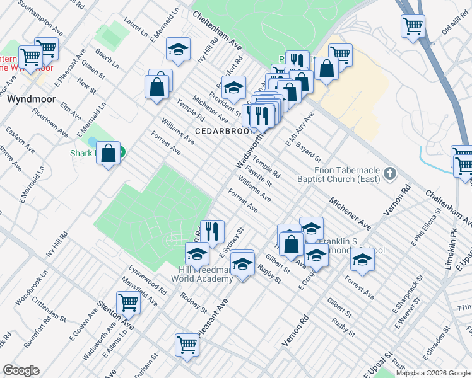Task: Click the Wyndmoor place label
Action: [32, 100]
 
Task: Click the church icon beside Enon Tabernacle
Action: [391, 173]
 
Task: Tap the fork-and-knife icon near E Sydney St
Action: [212, 231]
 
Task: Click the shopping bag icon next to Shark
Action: [109, 152]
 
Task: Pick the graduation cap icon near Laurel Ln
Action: [179, 49]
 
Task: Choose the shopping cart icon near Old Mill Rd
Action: [413, 26]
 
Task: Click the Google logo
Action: [21, 370]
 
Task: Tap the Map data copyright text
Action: [432, 373]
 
